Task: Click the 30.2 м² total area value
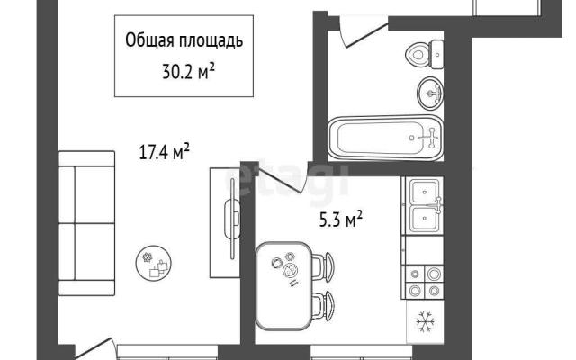188,71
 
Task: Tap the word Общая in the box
149,40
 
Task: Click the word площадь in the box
211,40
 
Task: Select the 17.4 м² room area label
164,152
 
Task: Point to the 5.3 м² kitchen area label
341,220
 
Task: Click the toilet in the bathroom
424,55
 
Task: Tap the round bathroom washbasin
430,94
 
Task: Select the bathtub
385,138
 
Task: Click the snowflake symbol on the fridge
426,322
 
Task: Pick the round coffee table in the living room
154,263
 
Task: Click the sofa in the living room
86,223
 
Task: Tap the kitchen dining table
283,286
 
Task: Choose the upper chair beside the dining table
323,267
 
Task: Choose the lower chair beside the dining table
323,305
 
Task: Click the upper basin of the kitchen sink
425,192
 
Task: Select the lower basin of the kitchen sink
425,219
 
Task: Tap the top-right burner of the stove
434,274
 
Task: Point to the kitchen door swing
282,178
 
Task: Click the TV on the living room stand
232,219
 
